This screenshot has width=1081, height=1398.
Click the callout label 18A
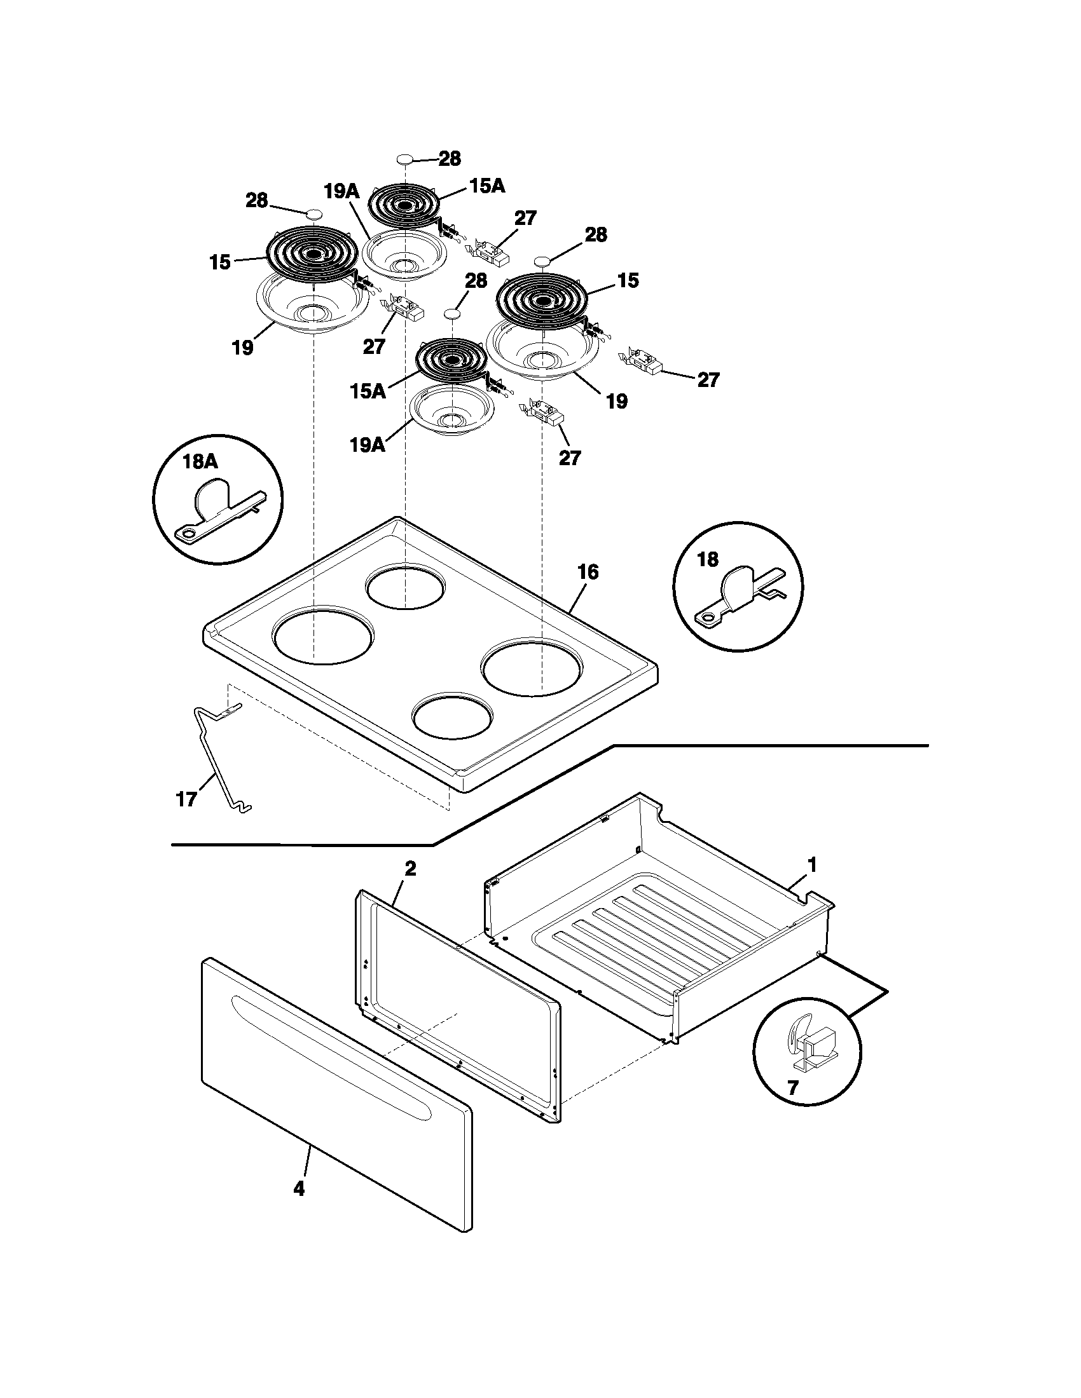200,461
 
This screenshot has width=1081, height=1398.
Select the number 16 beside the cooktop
588,572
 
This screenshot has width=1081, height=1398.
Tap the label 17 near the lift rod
186,799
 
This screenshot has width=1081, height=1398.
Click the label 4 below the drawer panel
298,1189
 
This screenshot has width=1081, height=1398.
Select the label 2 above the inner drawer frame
410,869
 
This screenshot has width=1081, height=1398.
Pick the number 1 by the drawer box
812,865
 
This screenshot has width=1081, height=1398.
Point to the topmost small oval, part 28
404,159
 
